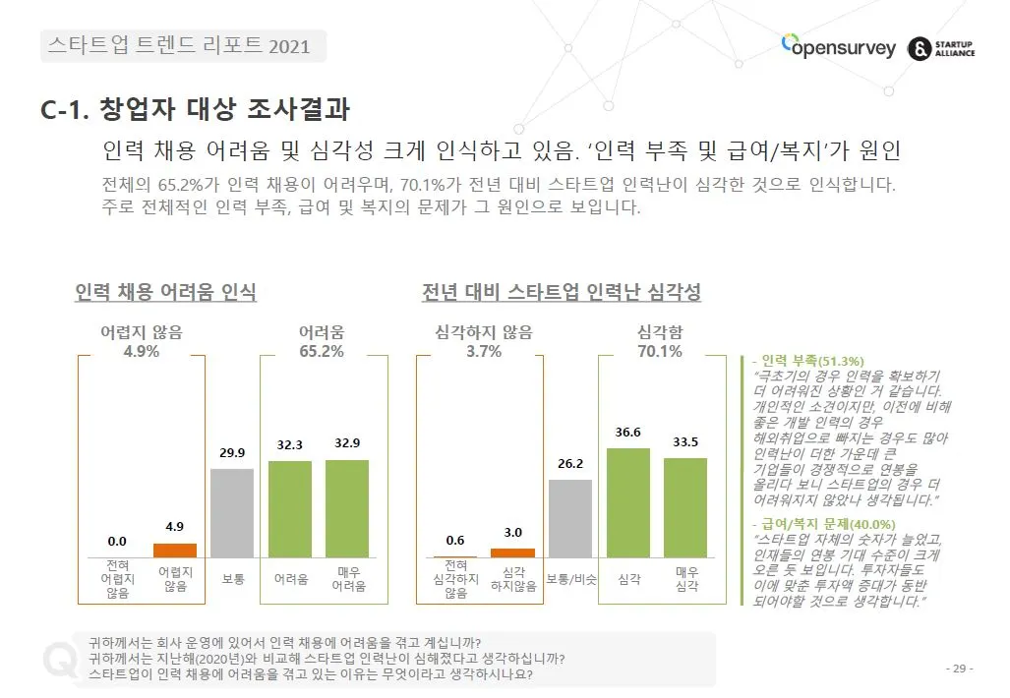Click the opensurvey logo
[x=838, y=46]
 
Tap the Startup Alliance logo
[x=942, y=48]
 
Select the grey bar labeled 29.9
[x=232, y=513]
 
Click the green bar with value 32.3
[x=289, y=508]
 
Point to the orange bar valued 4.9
[x=175, y=550]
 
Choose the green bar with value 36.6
[x=628, y=502]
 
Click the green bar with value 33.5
[x=685, y=507]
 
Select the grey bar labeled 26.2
[x=570, y=518]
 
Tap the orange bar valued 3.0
[x=512, y=553]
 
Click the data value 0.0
[x=117, y=541]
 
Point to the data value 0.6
[x=455, y=540]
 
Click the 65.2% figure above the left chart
[x=321, y=352]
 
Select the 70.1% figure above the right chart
[x=659, y=352]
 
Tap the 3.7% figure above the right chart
[x=484, y=352]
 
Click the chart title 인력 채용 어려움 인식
[x=165, y=292]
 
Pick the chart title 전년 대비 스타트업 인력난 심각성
[x=561, y=292]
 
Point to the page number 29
[x=959, y=669]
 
